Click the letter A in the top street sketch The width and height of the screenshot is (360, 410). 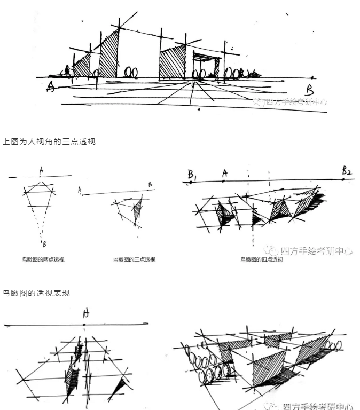coord(51,86)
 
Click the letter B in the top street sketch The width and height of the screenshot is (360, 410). coord(309,89)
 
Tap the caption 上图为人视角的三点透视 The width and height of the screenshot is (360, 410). coord(49,141)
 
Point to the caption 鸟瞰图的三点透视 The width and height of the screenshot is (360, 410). coord(134,259)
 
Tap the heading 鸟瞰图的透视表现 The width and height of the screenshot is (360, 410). coord(36,293)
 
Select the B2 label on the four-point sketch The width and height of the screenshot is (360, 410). coord(348,171)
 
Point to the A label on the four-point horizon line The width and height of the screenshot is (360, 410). coord(225,173)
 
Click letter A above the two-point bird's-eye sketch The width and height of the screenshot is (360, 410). coord(41,170)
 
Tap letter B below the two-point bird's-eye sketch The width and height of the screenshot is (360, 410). coord(44,245)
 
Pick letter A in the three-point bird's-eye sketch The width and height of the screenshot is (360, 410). coord(79,189)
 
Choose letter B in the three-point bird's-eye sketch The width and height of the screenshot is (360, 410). coord(150,184)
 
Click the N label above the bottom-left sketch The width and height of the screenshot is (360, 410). coord(85,314)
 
